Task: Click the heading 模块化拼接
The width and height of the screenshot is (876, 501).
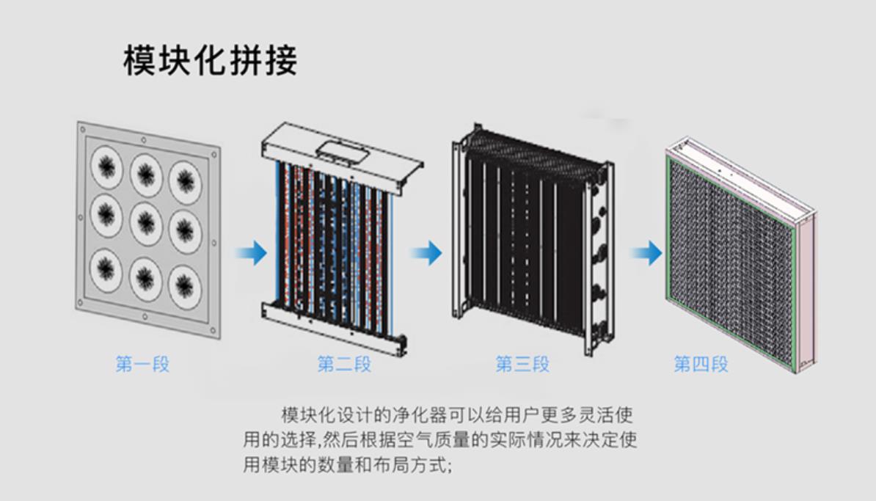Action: [210, 60]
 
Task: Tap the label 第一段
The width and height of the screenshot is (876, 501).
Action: [142, 364]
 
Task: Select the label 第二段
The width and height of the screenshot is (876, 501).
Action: [344, 364]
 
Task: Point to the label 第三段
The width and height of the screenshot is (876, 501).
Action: [522, 364]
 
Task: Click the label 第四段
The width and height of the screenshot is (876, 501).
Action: [701, 364]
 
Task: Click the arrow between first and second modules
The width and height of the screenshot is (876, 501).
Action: [252, 252]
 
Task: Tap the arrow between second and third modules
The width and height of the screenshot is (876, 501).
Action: [427, 252]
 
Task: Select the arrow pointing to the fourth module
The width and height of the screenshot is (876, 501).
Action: [647, 252]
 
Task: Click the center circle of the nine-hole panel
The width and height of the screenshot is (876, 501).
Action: [146, 224]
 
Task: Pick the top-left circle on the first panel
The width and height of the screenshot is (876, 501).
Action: [106, 166]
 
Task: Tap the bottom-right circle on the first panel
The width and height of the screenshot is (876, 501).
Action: [185, 287]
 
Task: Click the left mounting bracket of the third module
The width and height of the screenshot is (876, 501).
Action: [458, 229]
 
